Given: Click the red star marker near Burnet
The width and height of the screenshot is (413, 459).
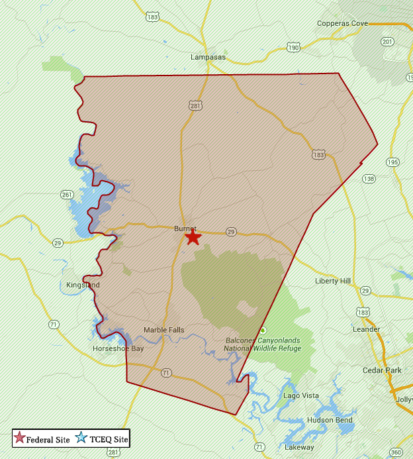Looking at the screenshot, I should (x=193, y=237).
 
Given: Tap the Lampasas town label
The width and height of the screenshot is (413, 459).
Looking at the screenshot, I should (x=208, y=58).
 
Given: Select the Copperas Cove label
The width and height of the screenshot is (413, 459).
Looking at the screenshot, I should (x=342, y=24).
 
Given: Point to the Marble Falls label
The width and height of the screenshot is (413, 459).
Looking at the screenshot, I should (x=164, y=330).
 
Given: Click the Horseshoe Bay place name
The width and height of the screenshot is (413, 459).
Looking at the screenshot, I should (x=118, y=348).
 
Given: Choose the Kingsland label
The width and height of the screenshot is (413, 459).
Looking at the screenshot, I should (x=83, y=285).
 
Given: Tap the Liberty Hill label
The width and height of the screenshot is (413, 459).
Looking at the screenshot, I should (x=333, y=281).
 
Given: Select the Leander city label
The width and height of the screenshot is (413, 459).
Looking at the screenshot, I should (x=366, y=329).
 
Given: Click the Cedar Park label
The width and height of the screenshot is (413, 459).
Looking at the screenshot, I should (x=382, y=370).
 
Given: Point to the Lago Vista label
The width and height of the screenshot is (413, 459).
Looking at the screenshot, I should (x=301, y=395).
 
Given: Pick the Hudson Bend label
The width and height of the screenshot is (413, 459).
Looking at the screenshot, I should (x=329, y=421).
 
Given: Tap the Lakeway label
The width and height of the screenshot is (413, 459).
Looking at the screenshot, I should (x=299, y=448).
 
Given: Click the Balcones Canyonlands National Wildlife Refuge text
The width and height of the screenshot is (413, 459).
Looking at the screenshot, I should (x=261, y=344).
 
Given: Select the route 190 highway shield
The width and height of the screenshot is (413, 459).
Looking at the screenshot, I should (x=293, y=48).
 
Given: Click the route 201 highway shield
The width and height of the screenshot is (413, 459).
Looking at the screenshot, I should (x=388, y=42).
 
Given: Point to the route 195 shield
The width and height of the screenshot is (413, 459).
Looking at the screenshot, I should (x=393, y=162).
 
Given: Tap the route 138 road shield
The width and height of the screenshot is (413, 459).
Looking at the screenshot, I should (x=369, y=179).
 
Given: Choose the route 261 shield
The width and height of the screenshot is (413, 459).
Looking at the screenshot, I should (x=67, y=195).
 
